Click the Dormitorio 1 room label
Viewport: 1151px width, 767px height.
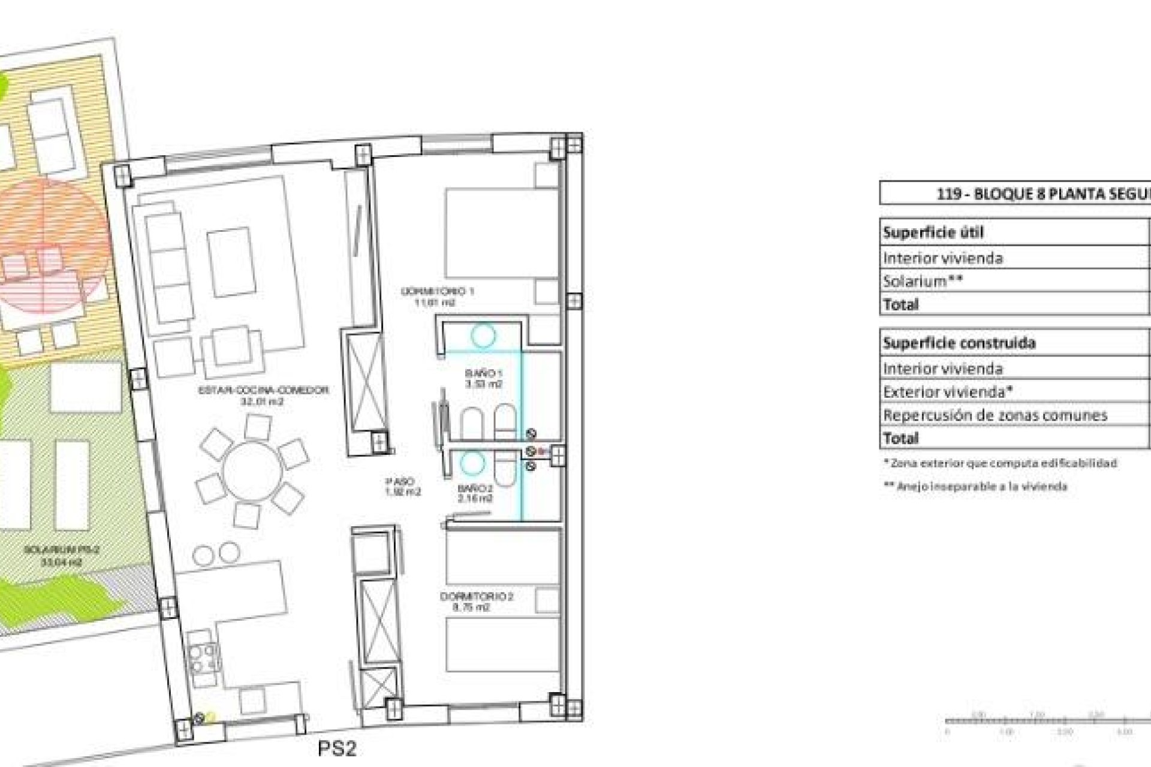pyautogui.click(x=438, y=296)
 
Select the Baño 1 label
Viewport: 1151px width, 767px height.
pyautogui.click(x=483, y=379)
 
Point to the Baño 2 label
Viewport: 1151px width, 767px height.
pyautogui.click(x=476, y=493)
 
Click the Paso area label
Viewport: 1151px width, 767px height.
pyautogui.click(x=402, y=487)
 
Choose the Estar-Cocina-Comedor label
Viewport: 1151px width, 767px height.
pyautogui.click(x=263, y=395)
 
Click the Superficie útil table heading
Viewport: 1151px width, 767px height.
pyautogui.click(x=933, y=232)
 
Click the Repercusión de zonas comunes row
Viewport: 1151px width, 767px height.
pyautogui.click(x=995, y=415)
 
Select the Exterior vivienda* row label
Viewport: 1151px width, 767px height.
pyautogui.click(x=948, y=392)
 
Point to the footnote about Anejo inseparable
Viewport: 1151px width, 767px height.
pyautogui.click(x=975, y=487)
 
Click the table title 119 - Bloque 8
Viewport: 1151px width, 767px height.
pyautogui.click(x=1043, y=194)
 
